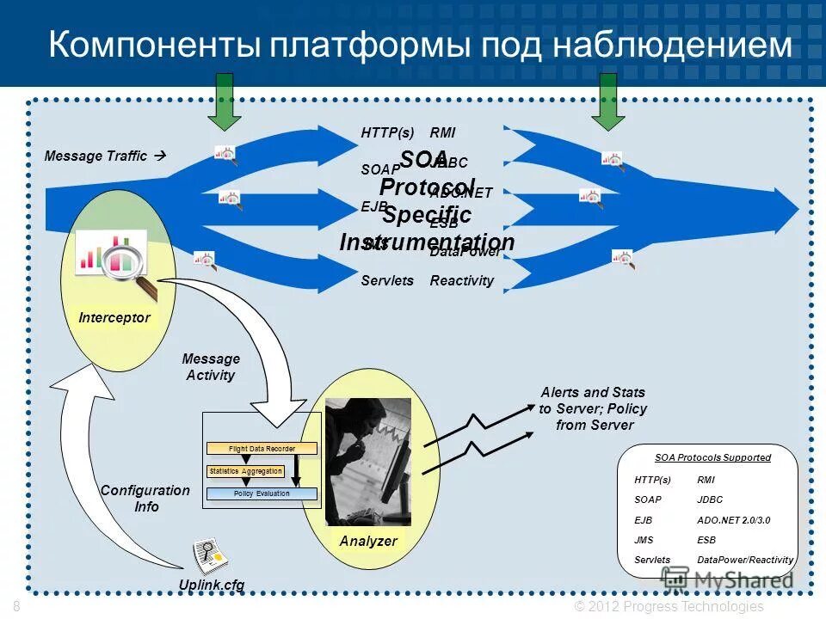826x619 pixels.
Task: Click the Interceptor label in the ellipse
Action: point(114,317)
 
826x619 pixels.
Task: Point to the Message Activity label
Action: point(211,366)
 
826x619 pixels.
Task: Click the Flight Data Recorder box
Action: point(262,449)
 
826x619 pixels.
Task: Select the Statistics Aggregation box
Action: point(245,471)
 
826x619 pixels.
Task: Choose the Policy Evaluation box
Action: point(262,494)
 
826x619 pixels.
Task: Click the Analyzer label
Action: point(368,541)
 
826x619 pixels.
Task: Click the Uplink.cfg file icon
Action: point(209,556)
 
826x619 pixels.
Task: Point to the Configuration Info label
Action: point(145,498)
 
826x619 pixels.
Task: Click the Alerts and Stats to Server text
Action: point(593,408)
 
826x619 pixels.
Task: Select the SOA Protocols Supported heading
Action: point(712,457)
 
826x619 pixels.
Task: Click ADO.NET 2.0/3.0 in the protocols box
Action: point(733,520)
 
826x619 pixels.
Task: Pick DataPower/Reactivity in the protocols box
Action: point(744,560)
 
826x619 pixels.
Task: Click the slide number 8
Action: point(17,606)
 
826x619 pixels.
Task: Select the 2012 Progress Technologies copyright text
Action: point(669,606)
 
